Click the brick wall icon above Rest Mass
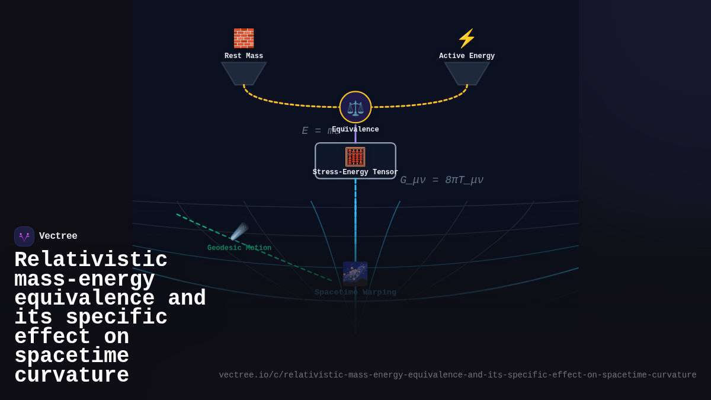tap(244, 39)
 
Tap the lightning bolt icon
tap(467, 39)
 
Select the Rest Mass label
tap(244, 56)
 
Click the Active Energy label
tap(467, 56)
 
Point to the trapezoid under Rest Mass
tap(244, 73)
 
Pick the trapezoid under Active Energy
tap(467, 73)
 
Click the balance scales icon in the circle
tap(355, 107)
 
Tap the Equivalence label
tap(355, 130)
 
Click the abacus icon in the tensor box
tap(355, 157)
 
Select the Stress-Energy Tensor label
tap(355, 172)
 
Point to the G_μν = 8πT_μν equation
tap(441, 180)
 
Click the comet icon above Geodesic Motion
tap(239, 231)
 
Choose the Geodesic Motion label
tap(239, 248)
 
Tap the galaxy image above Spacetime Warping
tap(355, 274)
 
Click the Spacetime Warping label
tap(355, 293)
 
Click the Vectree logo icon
tap(24, 236)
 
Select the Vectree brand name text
tap(58, 236)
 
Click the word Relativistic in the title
tap(91, 260)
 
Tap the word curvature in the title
tap(71, 376)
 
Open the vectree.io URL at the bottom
tap(457, 375)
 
